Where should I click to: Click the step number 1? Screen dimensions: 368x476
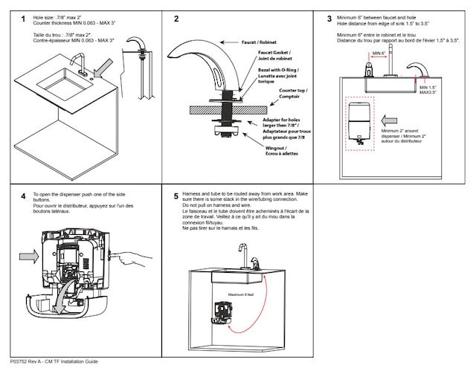[23, 19]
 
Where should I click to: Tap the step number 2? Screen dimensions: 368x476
[176, 19]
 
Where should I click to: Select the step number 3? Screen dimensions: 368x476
[329, 19]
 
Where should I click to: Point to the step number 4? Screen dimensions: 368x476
[23, 196]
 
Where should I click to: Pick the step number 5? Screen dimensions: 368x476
[176, 196]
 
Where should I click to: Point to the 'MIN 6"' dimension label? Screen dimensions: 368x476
[379, 54]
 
